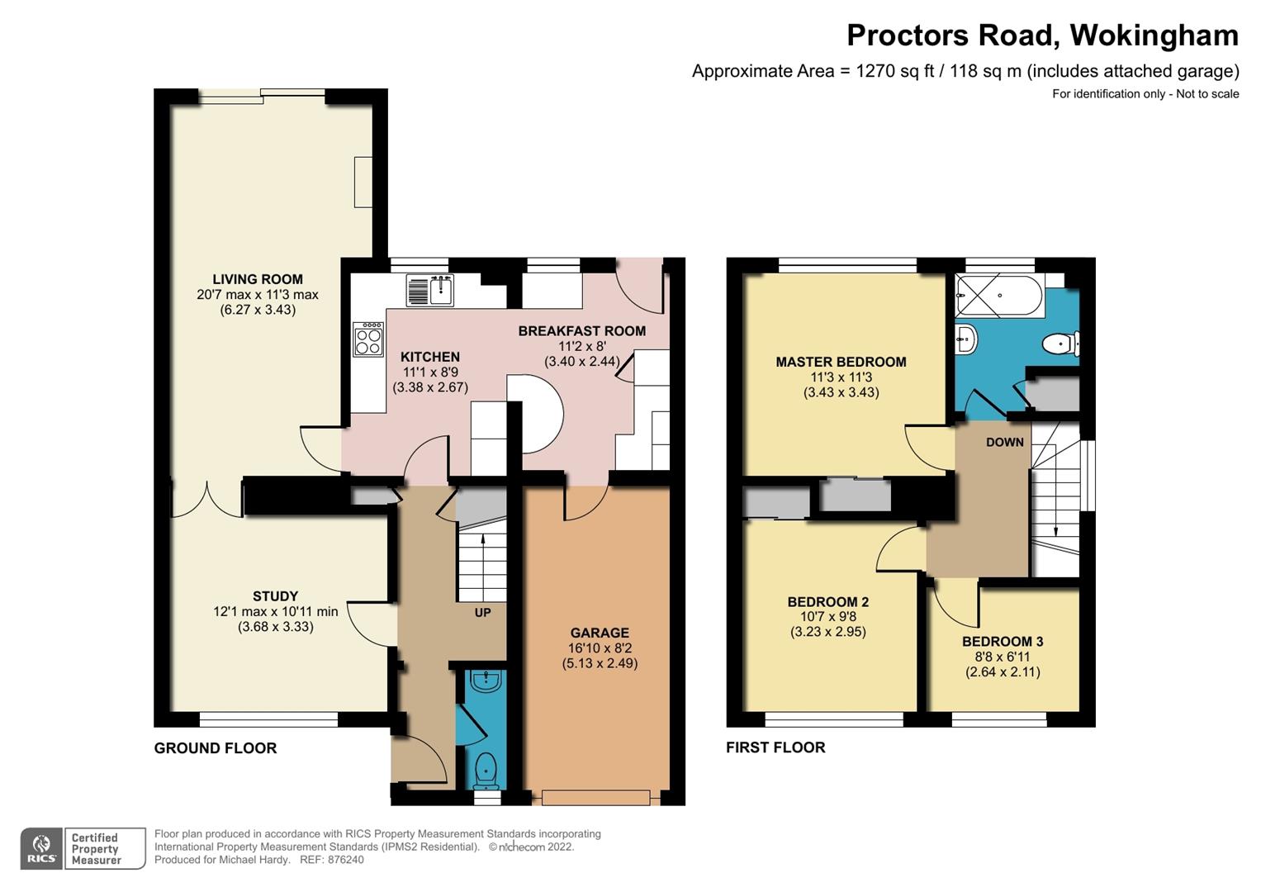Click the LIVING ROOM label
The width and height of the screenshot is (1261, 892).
(258, 279)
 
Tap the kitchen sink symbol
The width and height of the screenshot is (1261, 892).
(430, 291)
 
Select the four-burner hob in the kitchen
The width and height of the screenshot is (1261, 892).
(368, 339)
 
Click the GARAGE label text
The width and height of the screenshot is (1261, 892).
(600, 633)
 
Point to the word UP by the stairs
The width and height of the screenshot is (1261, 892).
(482, 613)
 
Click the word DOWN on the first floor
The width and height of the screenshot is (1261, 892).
(1004, 443)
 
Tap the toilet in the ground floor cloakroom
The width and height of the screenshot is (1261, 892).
(486, 770)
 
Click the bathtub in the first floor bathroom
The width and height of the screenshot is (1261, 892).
(999, 295)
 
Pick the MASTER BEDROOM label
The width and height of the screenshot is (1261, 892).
(841, 362)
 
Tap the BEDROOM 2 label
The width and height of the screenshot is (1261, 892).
(827, 602)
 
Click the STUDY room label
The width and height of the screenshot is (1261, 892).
(275, 596)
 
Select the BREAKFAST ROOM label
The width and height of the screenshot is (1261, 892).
(581, 331)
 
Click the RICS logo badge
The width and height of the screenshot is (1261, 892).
(42, 848)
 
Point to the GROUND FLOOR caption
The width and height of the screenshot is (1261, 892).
(215, 748)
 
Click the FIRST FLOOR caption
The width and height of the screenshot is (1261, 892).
(775, 747)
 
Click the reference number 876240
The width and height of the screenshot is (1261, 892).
(345, 860)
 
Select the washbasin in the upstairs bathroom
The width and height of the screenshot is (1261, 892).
(966, 339)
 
